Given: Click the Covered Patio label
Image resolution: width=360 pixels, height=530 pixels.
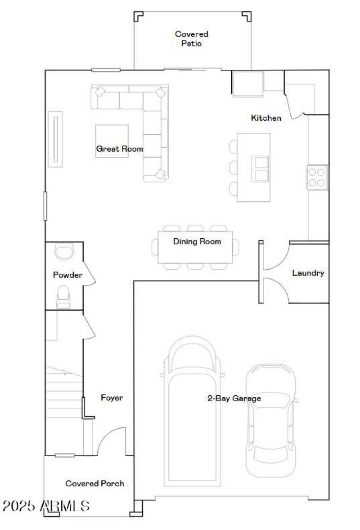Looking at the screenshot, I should (x=191, y=39).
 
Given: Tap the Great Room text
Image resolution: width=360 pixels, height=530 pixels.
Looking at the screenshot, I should (x=119, y=149).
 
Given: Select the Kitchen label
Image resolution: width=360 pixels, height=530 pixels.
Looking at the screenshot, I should (x=266, y=118).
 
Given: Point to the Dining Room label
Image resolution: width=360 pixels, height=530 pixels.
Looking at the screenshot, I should (x=197, y=241).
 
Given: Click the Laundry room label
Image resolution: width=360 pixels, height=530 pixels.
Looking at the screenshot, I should (x=308, y=273).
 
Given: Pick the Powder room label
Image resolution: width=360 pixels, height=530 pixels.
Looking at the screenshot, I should (x=67, y=275).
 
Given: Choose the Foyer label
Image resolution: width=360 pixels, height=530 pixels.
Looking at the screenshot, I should (x=112, y=398).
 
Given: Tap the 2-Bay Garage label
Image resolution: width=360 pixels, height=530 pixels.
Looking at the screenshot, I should (x=234, y=398).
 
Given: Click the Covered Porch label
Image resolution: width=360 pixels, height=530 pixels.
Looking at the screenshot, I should (x=94, y=483).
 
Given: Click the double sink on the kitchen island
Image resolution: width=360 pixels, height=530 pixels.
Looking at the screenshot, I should (x=260, y=169).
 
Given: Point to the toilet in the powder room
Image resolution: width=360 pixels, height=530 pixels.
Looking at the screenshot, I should (x=63, y=296).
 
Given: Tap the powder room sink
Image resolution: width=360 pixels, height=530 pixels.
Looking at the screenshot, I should (x=64, y=251).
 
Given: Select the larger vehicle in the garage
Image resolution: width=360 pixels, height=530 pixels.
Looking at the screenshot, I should (x=192, y=410).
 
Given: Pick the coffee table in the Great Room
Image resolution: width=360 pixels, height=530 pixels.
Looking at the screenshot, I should (x=112, y=141).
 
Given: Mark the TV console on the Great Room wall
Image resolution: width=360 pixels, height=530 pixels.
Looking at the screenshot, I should (x=55, y=139).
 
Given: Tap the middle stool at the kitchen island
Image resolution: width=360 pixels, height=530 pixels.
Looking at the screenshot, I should (x=233, y=168).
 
